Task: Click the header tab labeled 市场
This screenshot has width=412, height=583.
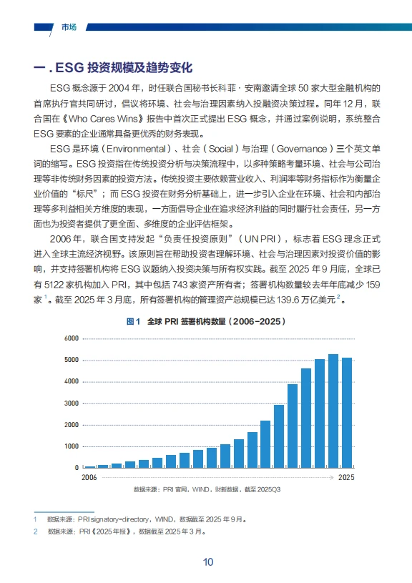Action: [x=69, y=27]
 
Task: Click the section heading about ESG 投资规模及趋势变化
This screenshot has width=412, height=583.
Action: [x=114, y=69]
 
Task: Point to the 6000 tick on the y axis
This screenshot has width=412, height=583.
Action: [x=70, y=338]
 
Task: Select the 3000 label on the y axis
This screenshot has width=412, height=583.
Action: [x=70, y=403]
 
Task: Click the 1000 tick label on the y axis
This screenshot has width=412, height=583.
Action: [x=70, y=446]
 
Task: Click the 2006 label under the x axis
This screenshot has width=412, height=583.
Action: [x=89, y=477]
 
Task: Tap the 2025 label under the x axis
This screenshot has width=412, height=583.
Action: [x=346, y=477]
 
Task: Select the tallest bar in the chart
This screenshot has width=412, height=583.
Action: [x=333, y=411]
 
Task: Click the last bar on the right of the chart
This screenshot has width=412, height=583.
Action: [x=347, y=413]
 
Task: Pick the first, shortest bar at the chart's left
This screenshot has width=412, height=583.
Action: [x=90, y=466]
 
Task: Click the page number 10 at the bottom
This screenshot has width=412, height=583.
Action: [x=207, y=562]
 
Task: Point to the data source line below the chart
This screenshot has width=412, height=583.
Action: [x=207, y=490]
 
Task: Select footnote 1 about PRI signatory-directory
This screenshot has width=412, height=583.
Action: [x=143, y=519]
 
